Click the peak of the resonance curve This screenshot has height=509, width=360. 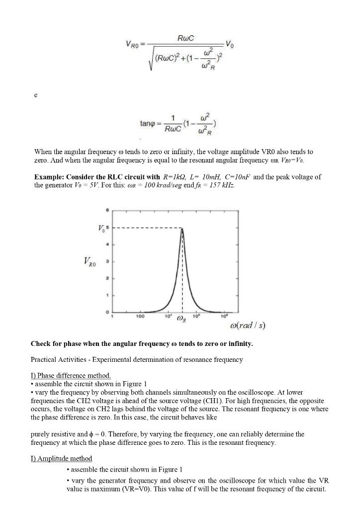pos(182,229)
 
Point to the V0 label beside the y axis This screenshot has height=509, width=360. pos(101,228)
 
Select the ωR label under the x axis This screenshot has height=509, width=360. pos(182,320)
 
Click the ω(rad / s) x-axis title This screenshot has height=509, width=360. pos(247,326)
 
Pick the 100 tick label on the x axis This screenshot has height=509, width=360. pos(140,316)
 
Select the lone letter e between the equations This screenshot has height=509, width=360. pos(35,94)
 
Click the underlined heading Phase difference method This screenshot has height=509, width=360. pos(71,375)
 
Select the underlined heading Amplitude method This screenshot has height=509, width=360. pos(61,458)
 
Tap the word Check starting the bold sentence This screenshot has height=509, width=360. pos(41,343)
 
